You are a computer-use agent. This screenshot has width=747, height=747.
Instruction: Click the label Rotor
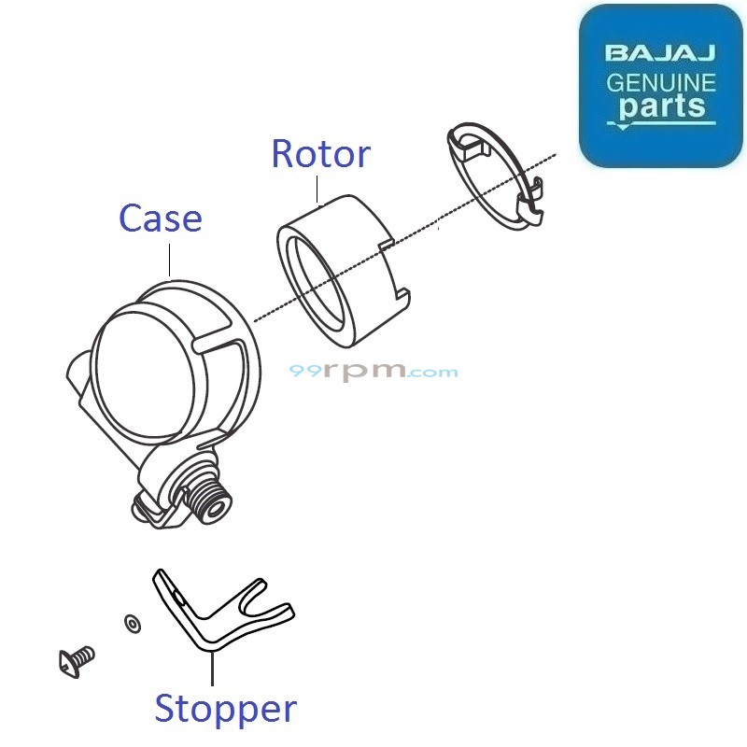[x=319, y=154]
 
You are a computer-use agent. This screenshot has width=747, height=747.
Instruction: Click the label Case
[x=161, y=218]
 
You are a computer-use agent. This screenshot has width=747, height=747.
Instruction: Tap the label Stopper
[x=225, y=709]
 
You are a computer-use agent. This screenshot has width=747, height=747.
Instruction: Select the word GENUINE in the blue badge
[x=661, y=82]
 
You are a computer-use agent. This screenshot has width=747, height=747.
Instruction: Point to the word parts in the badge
[x=662, y=106]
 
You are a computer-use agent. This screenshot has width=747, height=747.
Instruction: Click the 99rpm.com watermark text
[x=373, y=372]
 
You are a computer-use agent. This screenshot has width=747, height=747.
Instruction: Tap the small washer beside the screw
[x=130, y=622]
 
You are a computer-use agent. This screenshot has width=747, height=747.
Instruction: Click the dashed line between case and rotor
[x=266, y=315]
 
